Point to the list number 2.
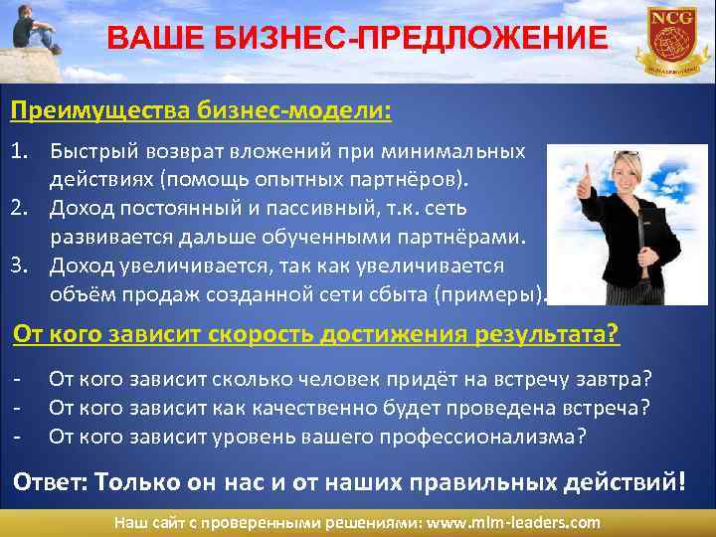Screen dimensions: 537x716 click(x=20, y=210)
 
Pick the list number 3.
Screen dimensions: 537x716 click(x=20, y=267)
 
